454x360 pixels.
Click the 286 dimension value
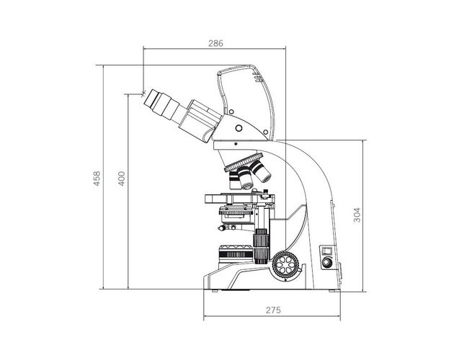point(215,43)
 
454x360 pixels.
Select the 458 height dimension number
point(97,179)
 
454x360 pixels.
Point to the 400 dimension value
point(122,179)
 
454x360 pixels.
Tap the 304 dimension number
point(357,215)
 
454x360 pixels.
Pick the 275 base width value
point(273,310)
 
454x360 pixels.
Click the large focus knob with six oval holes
point(286,264)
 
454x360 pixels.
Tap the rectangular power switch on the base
point(326,251)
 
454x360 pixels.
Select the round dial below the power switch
point(326,262)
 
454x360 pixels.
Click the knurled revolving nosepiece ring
point(244,162)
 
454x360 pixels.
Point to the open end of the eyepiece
point(148,99)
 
